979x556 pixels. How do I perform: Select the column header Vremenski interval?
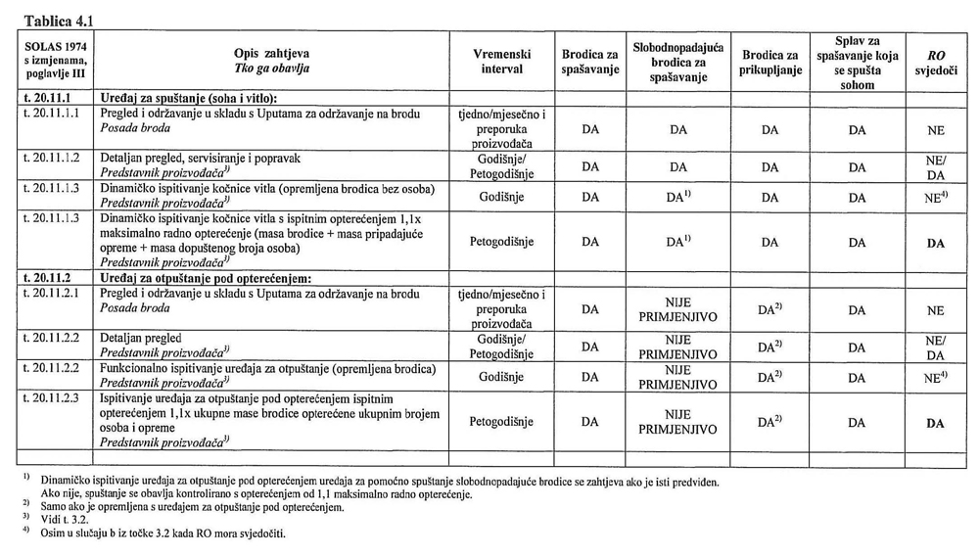click(501, 62)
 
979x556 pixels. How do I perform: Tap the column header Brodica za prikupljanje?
click(770, 62)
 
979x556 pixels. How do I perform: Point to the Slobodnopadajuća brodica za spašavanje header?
click(677, 62)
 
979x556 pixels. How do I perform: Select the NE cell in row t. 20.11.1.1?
click(935, 129)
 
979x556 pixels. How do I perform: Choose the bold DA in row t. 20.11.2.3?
click(935, 424)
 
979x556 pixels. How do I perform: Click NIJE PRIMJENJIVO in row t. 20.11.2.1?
click(677, 310)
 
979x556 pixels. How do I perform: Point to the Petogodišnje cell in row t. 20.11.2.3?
click(501, 424)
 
